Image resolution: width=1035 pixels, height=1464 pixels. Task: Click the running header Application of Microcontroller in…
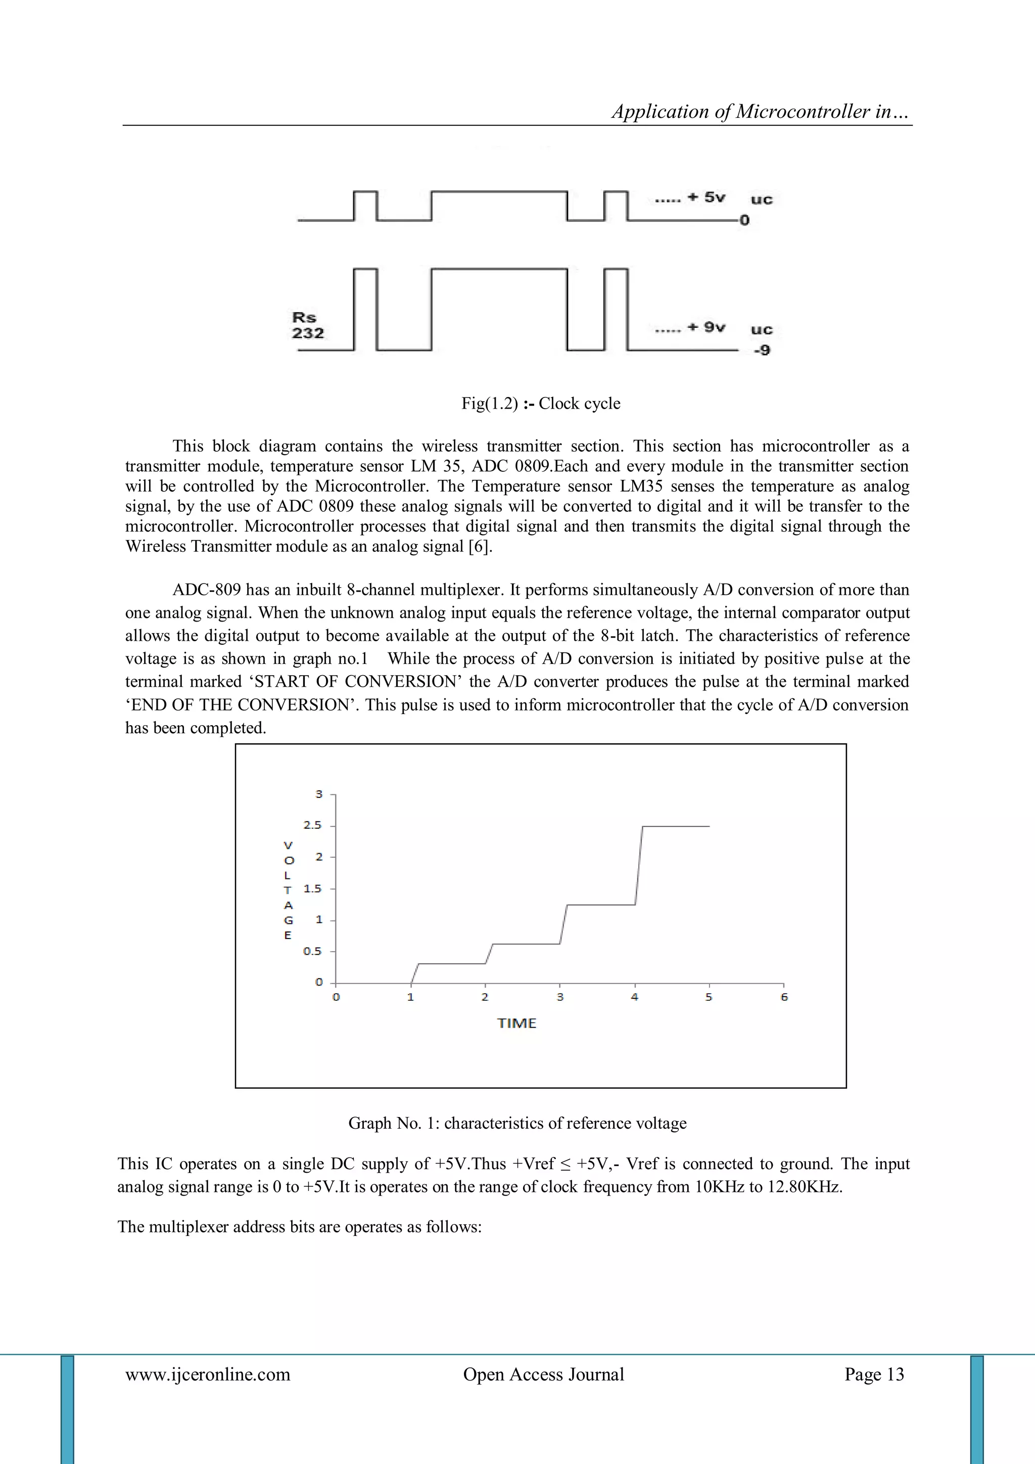[x=761, y=112]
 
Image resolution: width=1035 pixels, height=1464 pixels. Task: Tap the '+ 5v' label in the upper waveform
[x=705, y=197]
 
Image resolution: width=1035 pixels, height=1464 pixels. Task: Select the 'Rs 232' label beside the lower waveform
[x=308, y=325]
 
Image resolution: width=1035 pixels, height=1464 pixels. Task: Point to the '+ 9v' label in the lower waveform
[x=705, y=327]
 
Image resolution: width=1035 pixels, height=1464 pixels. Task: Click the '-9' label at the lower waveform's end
[x=762, y=350]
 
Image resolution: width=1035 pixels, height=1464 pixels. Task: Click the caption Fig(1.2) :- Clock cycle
[x=540, y=404]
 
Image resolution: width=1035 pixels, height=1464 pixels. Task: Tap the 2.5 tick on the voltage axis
[x=313, y=825]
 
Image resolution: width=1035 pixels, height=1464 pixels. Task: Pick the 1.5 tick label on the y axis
[x=313, y=888]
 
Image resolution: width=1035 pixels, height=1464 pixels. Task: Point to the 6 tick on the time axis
[x=784, y=997]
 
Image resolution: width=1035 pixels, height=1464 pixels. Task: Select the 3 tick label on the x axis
[x=560, y=997]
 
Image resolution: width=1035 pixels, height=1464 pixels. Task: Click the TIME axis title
[x=517, y=1024]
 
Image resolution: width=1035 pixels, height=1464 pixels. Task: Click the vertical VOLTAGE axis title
[x=288, y=890]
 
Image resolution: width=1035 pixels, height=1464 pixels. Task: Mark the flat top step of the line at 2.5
[x=676, y=826]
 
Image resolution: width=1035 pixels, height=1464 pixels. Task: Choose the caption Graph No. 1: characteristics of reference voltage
[x=517, y=1124]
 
